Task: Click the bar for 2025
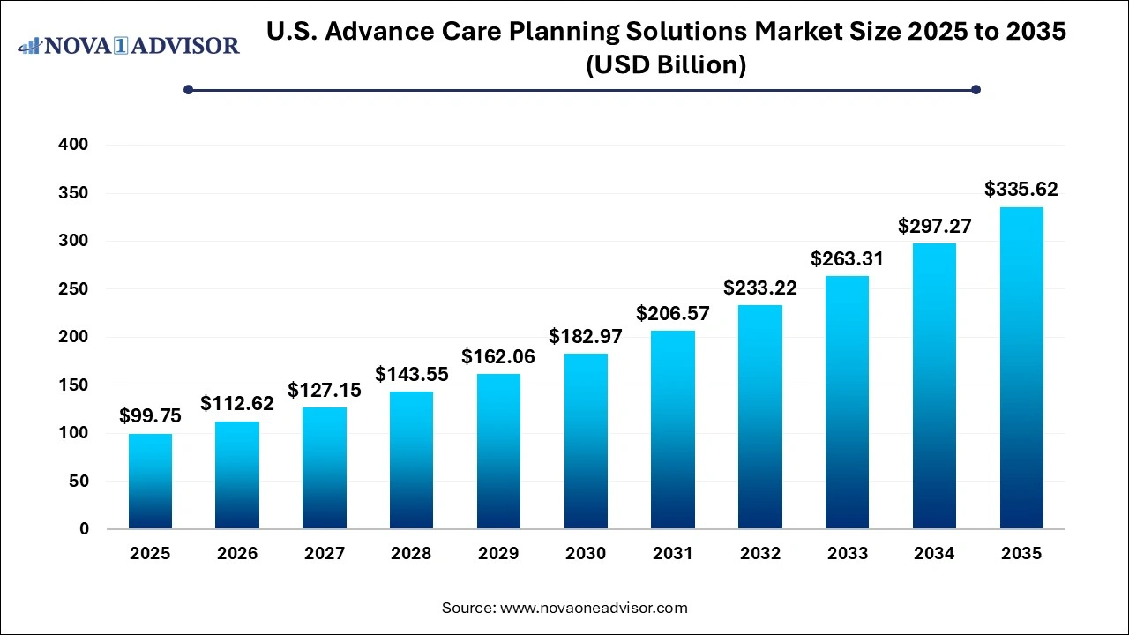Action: (x=150, y=482)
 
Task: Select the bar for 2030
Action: (x=586, y=441)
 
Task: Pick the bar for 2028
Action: (x=411, y=459)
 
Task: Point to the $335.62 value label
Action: (x=1021, y=189)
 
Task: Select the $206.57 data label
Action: (x=673, y=313)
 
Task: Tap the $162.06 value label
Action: (x=498, y=356)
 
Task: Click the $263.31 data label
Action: (x=847, y=258)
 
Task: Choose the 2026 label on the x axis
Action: (x=237, y=554)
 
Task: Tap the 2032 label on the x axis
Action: (x=760, y=554)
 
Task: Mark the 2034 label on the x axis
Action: (x=934, y=554)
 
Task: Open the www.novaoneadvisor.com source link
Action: (x=594, y=608)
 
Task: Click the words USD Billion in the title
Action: (x=666, y=65)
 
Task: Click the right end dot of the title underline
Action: (x=976, y=89)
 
